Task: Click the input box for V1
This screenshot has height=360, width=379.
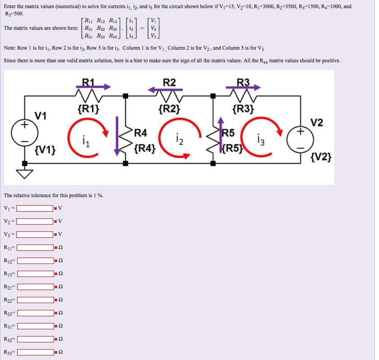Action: click(x=35, y=208)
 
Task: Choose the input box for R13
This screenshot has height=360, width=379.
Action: click(x=35, y=274)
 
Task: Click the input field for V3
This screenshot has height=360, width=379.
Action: click(x=35, y=234)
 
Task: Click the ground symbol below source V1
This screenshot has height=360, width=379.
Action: click(x=25, y=172)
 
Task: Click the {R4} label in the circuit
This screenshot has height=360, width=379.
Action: click(x=145, y=147)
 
